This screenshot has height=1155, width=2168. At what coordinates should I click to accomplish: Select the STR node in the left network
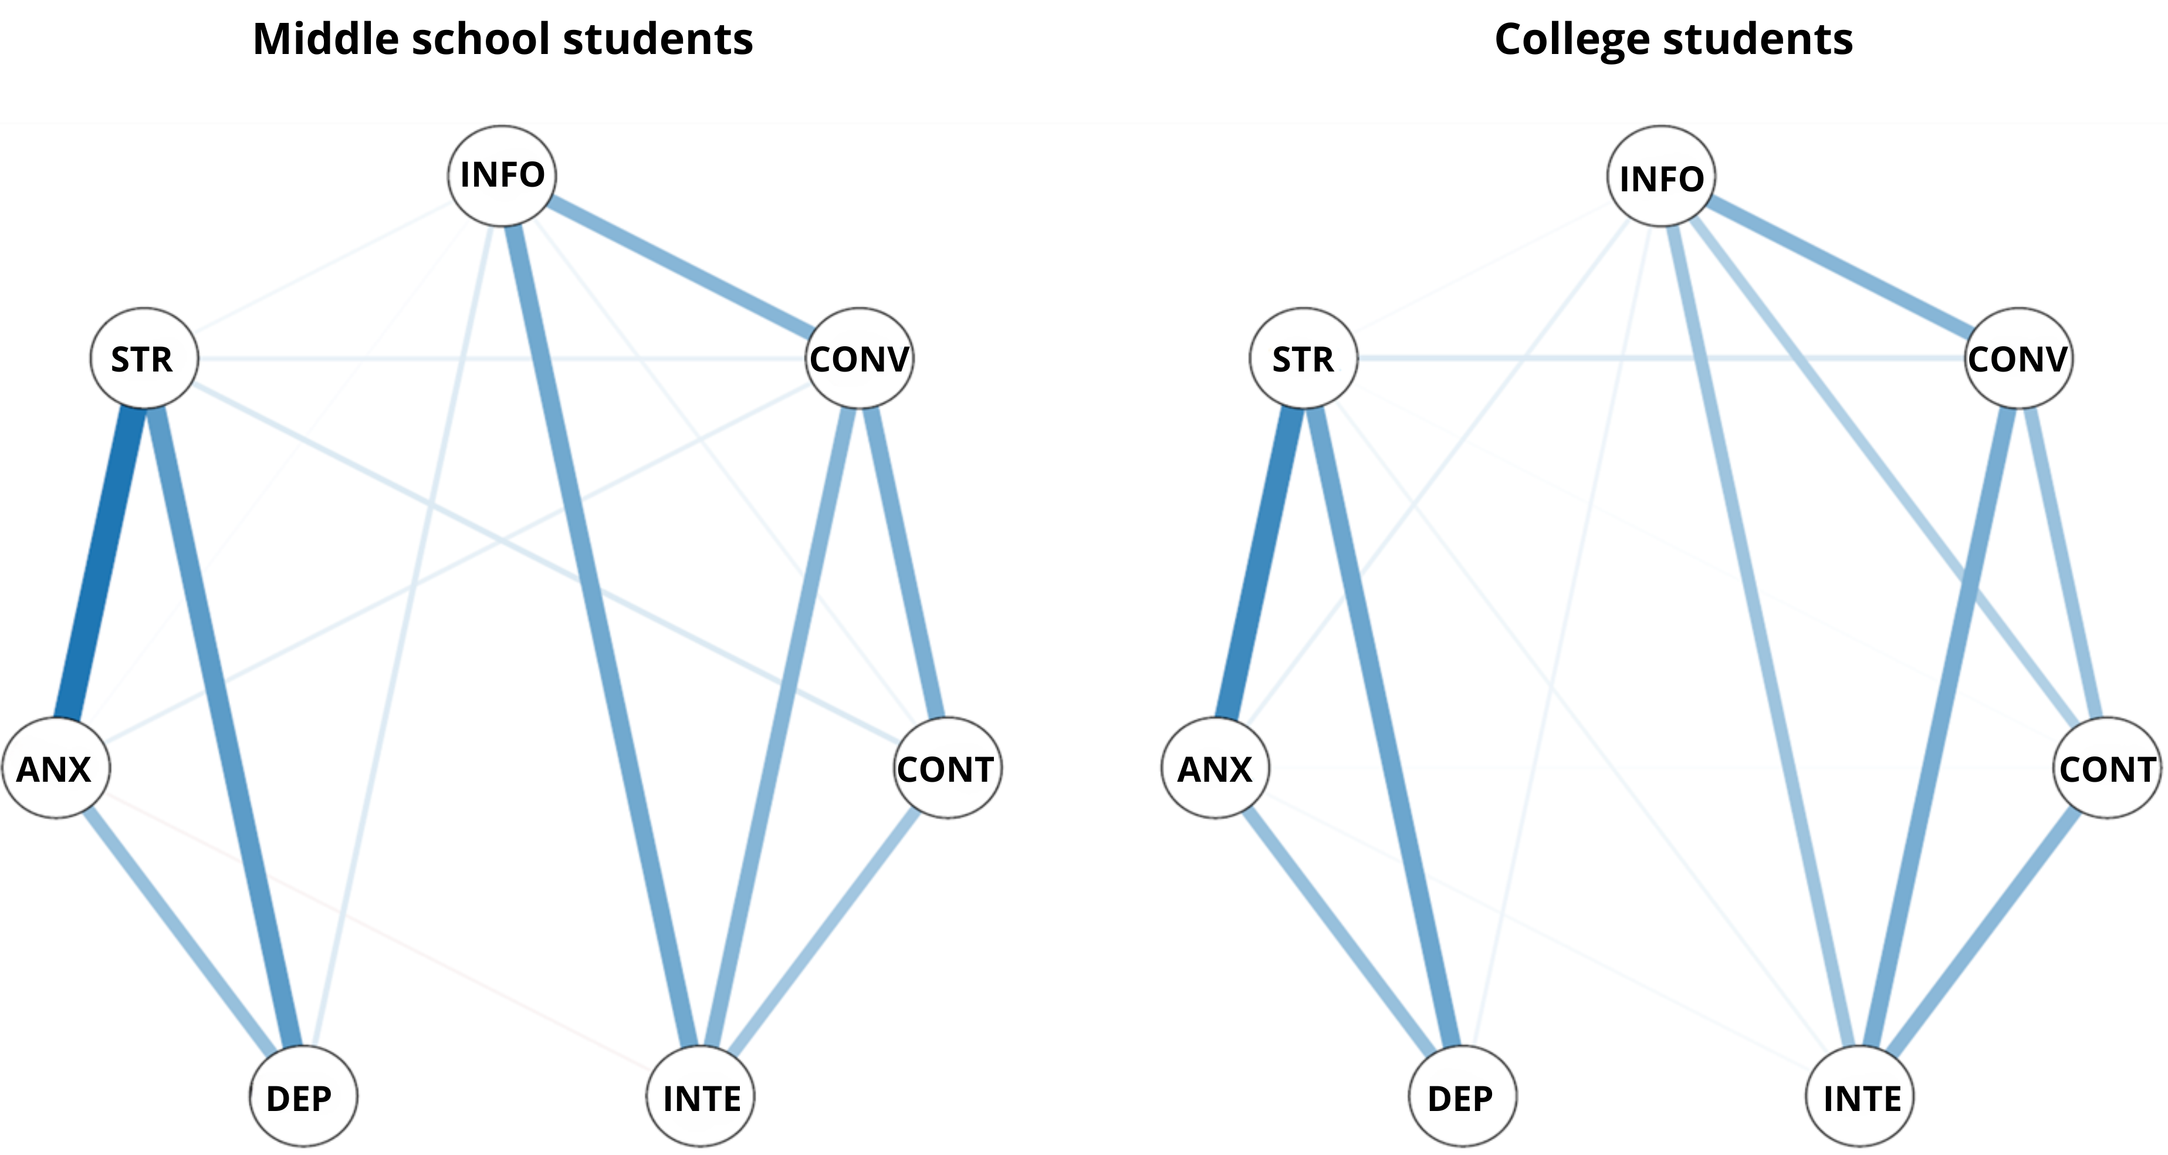click(144, 358)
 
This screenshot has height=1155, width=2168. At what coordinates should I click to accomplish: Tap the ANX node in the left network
click(56, 768)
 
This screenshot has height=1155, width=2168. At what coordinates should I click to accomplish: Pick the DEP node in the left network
click(303, 1097)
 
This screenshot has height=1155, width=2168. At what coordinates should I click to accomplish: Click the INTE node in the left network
click(701, 1097)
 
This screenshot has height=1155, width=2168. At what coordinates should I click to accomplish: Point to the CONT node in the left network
click(948, 768)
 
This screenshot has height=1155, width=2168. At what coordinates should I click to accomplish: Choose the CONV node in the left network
click(860, 358)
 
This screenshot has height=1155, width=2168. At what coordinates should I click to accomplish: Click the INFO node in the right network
click(1661, 177)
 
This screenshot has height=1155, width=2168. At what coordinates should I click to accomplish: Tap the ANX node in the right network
click(1215, 768)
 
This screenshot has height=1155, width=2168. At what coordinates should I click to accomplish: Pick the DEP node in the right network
click(1462, 1097)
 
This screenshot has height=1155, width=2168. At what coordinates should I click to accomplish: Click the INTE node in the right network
click(1860, 1097)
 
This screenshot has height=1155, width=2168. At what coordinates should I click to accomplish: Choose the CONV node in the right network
click(2019, 358)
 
